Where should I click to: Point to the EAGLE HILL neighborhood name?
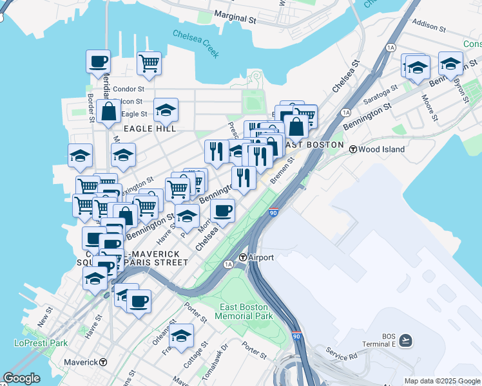coord(149,129)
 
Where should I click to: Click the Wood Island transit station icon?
coord(353,149)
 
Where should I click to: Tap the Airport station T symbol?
coord(242,257)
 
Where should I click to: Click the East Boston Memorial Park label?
coord(246,311)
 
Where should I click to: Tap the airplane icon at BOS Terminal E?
coord(405,340)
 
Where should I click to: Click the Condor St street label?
coord(128,89)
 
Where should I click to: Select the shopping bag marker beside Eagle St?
coord(109,111)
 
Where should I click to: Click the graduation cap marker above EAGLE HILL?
coord(166,110)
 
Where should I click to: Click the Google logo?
coord(22,378)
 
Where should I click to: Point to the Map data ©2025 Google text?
coord(442,381)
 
